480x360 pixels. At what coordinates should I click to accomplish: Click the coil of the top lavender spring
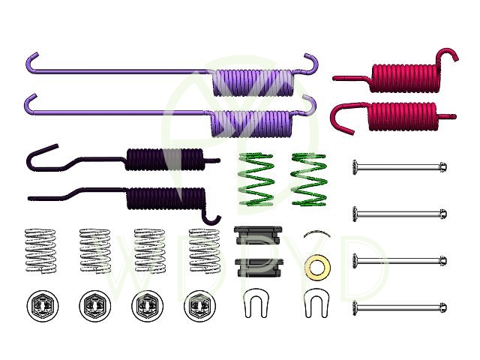point(253,82)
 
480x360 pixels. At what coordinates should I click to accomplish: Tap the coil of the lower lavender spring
point(251,123)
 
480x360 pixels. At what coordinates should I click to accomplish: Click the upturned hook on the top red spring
point(448,55)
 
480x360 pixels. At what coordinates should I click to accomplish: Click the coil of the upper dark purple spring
point(165,159)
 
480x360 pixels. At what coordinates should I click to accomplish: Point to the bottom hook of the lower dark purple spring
point(211,215)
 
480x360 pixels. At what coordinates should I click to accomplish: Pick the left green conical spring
point(256,179)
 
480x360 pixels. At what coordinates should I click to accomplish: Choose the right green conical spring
point(309,179)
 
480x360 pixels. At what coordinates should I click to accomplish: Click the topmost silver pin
point(400,167)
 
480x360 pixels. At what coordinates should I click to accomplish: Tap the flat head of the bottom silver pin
point(355,307)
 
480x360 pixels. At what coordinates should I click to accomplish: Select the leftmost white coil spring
point(40,250)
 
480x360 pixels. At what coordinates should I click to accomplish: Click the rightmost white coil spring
point(205,250)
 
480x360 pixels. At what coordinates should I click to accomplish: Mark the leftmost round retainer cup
point(43,306)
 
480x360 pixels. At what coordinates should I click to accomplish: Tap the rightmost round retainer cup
point(200,306)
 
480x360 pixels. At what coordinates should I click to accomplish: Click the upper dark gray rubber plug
point(258,235)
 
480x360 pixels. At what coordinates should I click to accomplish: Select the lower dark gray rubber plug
point(259,268)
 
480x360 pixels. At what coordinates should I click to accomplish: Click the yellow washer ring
point(317,268)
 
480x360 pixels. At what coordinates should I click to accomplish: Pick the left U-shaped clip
point(256,303)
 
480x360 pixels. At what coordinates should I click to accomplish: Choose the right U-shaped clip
point(316,303)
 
